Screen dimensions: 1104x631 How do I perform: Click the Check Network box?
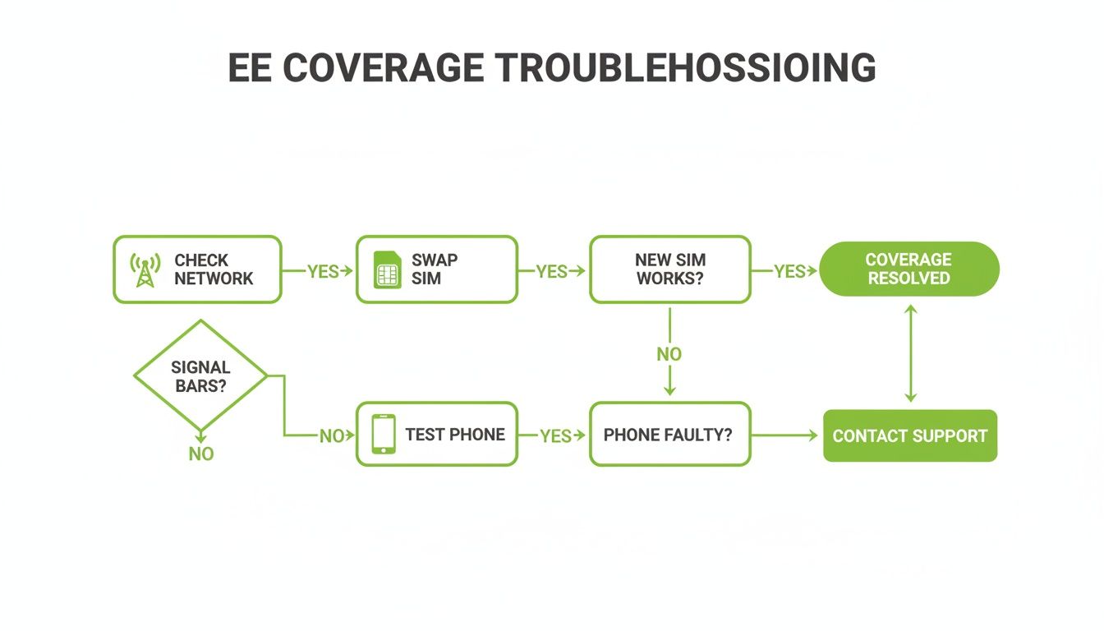197,269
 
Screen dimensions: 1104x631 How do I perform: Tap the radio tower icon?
145,269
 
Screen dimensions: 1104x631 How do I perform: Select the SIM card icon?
387,269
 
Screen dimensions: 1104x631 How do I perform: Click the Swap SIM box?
437,269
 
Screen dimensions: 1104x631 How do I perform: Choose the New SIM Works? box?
670,269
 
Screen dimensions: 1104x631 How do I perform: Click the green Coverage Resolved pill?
909,269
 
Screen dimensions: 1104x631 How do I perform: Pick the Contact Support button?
910,435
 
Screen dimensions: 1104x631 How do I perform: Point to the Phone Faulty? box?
670,434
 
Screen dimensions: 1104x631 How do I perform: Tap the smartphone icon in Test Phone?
384,434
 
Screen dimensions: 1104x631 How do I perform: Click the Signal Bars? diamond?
200,375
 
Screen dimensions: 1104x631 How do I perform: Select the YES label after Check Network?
324,271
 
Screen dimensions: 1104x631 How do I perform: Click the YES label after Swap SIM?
552,271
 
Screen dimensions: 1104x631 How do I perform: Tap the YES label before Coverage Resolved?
789,271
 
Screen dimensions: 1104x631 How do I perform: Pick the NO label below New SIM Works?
669,354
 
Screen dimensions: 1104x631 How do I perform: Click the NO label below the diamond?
201,454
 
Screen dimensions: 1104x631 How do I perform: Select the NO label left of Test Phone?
332,435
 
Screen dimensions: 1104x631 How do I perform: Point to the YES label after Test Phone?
556,435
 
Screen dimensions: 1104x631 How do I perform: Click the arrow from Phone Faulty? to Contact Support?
784,435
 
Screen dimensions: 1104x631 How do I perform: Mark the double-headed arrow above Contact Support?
911,353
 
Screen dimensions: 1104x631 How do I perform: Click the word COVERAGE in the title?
383,67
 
